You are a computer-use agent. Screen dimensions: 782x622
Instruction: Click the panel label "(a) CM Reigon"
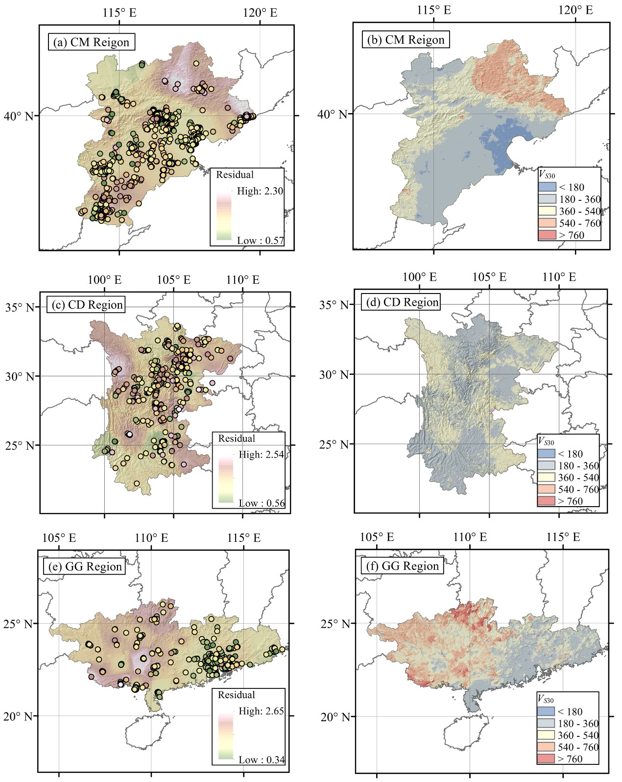coord(92,42)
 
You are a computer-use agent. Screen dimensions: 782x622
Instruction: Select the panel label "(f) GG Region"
coord(403,566)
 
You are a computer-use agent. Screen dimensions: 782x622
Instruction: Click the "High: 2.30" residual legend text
coord(260,191)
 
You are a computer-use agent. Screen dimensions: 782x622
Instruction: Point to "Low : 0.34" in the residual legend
coord(262,760)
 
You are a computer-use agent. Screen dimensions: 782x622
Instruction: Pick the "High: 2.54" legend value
coord(261,454)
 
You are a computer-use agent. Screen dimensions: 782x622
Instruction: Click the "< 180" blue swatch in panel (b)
coord(547,187)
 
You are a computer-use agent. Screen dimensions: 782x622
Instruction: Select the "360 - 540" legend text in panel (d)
coord(578,477)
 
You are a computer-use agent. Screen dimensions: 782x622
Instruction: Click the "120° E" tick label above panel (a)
coord(260,12)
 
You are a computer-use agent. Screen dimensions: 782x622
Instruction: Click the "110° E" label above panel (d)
coord(559,277)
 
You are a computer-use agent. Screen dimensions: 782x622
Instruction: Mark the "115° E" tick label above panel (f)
coord(563,537)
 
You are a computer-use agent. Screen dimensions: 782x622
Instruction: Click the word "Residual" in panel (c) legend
coord(237,439)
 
